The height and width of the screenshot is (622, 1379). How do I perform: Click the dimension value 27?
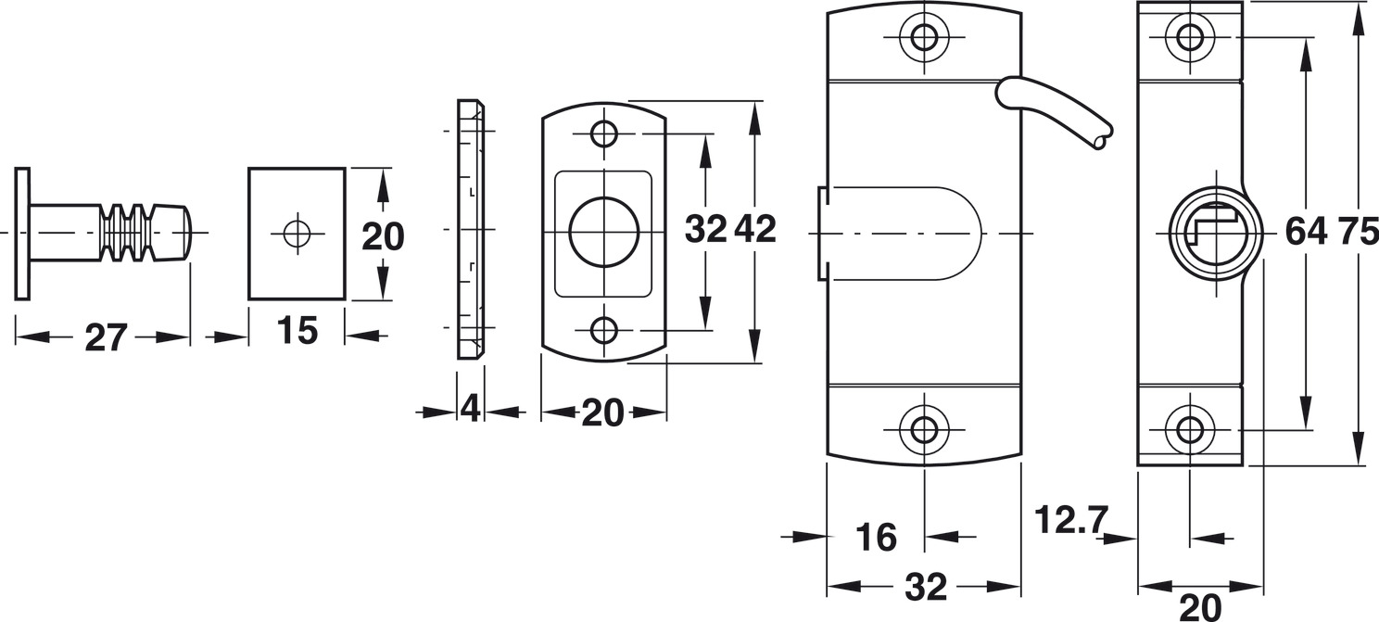106,337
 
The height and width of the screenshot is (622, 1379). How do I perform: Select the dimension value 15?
297,331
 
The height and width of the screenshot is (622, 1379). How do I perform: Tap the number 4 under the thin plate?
471,408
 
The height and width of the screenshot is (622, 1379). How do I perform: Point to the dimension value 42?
755,229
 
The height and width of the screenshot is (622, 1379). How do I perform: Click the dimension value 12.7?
1072,519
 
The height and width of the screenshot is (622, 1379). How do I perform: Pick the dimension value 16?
877,538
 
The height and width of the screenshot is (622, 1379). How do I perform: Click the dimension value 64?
1306,233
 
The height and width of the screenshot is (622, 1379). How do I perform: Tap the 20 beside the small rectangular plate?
383,236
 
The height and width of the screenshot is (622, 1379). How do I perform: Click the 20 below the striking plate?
602,413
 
